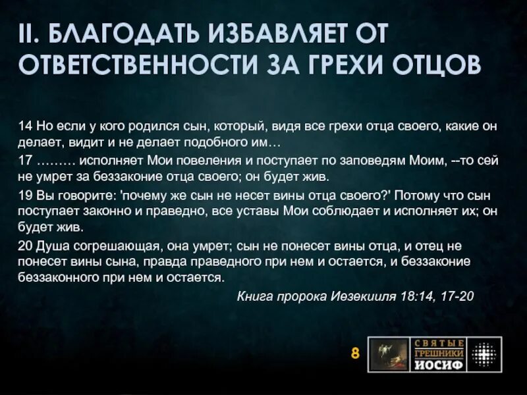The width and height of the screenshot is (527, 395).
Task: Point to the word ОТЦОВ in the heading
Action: point(431,65)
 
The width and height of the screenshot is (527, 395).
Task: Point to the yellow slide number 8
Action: point(354,354)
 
